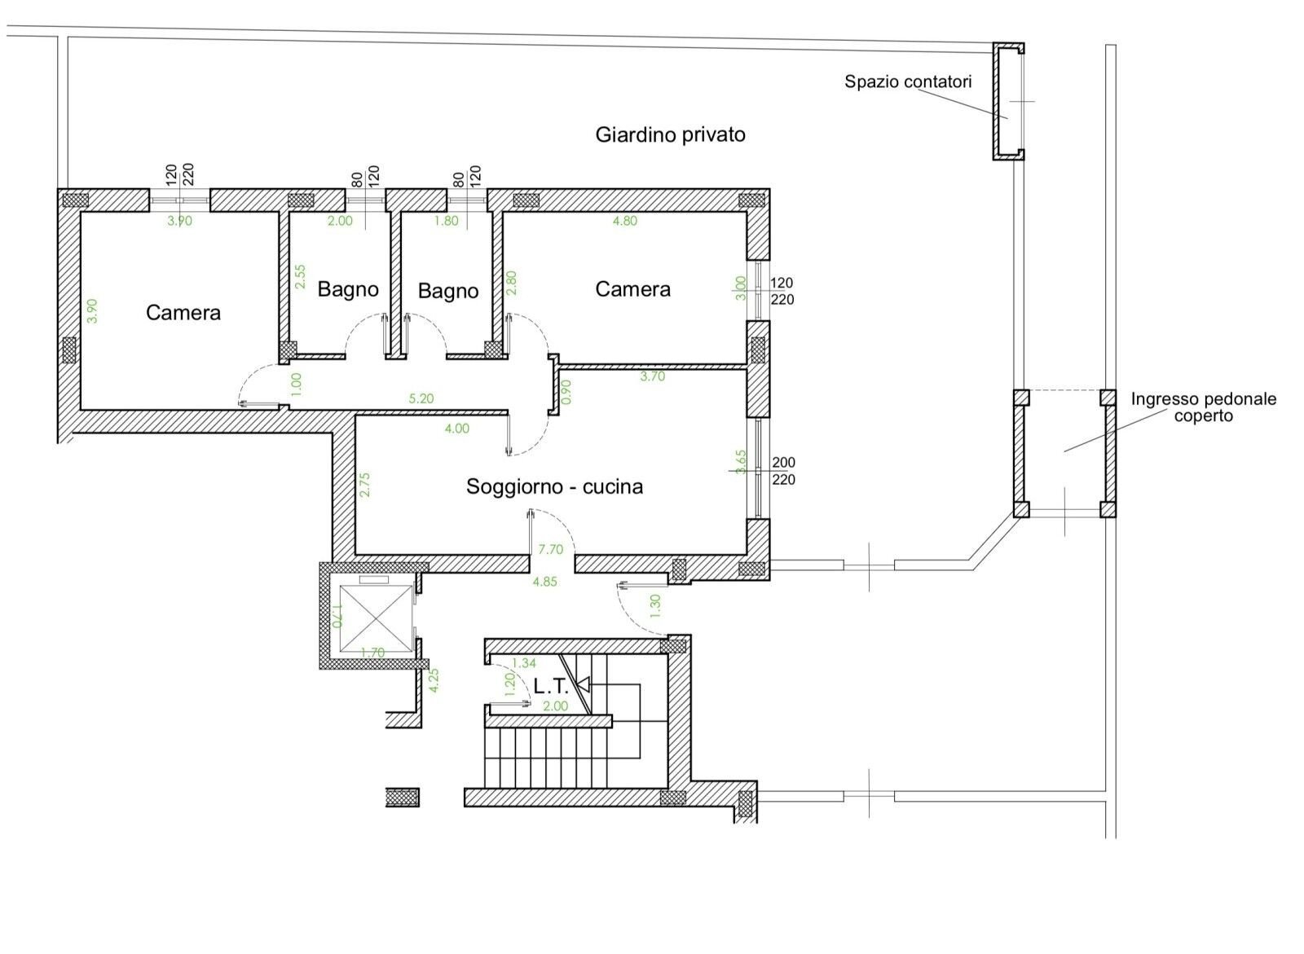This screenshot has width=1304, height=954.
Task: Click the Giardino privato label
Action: pos(670,135)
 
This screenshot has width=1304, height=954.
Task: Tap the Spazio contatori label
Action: pos(908,81)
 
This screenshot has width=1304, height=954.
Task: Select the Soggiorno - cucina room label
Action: pos(554,486)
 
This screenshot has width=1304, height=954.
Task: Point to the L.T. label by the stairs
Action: pos(550,687)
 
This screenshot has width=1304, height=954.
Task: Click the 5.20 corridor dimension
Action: pos(421,398)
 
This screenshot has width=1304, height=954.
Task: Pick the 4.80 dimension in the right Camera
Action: pos(624,221)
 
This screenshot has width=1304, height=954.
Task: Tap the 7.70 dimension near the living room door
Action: pos(551,549)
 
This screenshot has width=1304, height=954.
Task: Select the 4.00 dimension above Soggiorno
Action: pos(457,429)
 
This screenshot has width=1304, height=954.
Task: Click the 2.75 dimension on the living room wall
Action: pos(365,484)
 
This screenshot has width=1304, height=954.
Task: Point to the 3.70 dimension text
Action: pos(653,376)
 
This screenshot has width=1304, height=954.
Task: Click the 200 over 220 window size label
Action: pos(783,471)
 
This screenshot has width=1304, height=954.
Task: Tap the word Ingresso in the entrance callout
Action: pos(1163,399)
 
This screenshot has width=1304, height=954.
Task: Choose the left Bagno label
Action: pos(348,289)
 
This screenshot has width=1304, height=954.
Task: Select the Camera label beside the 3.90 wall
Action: pos(183,313)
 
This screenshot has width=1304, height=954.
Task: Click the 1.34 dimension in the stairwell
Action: pos(524,663)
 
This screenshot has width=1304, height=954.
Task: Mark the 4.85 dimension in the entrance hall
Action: pos(545,582)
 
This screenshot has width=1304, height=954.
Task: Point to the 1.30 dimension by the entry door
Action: pos(655,606)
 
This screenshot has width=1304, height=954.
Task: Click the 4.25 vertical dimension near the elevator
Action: pos(434,680)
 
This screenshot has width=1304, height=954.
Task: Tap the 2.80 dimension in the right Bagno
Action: pos(511,283)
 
